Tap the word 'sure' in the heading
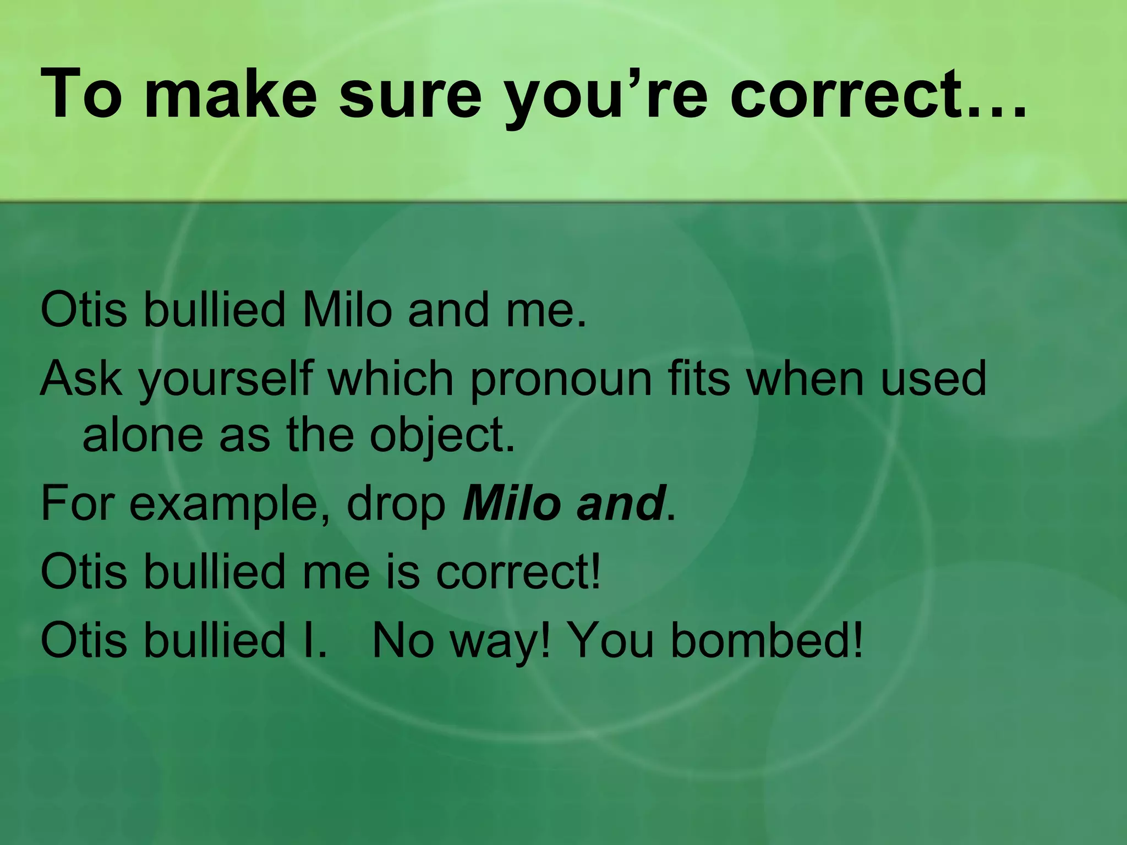[410, 94]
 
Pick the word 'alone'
[143, 436]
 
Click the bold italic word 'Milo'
[512, 503]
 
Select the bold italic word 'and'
[620, 503]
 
